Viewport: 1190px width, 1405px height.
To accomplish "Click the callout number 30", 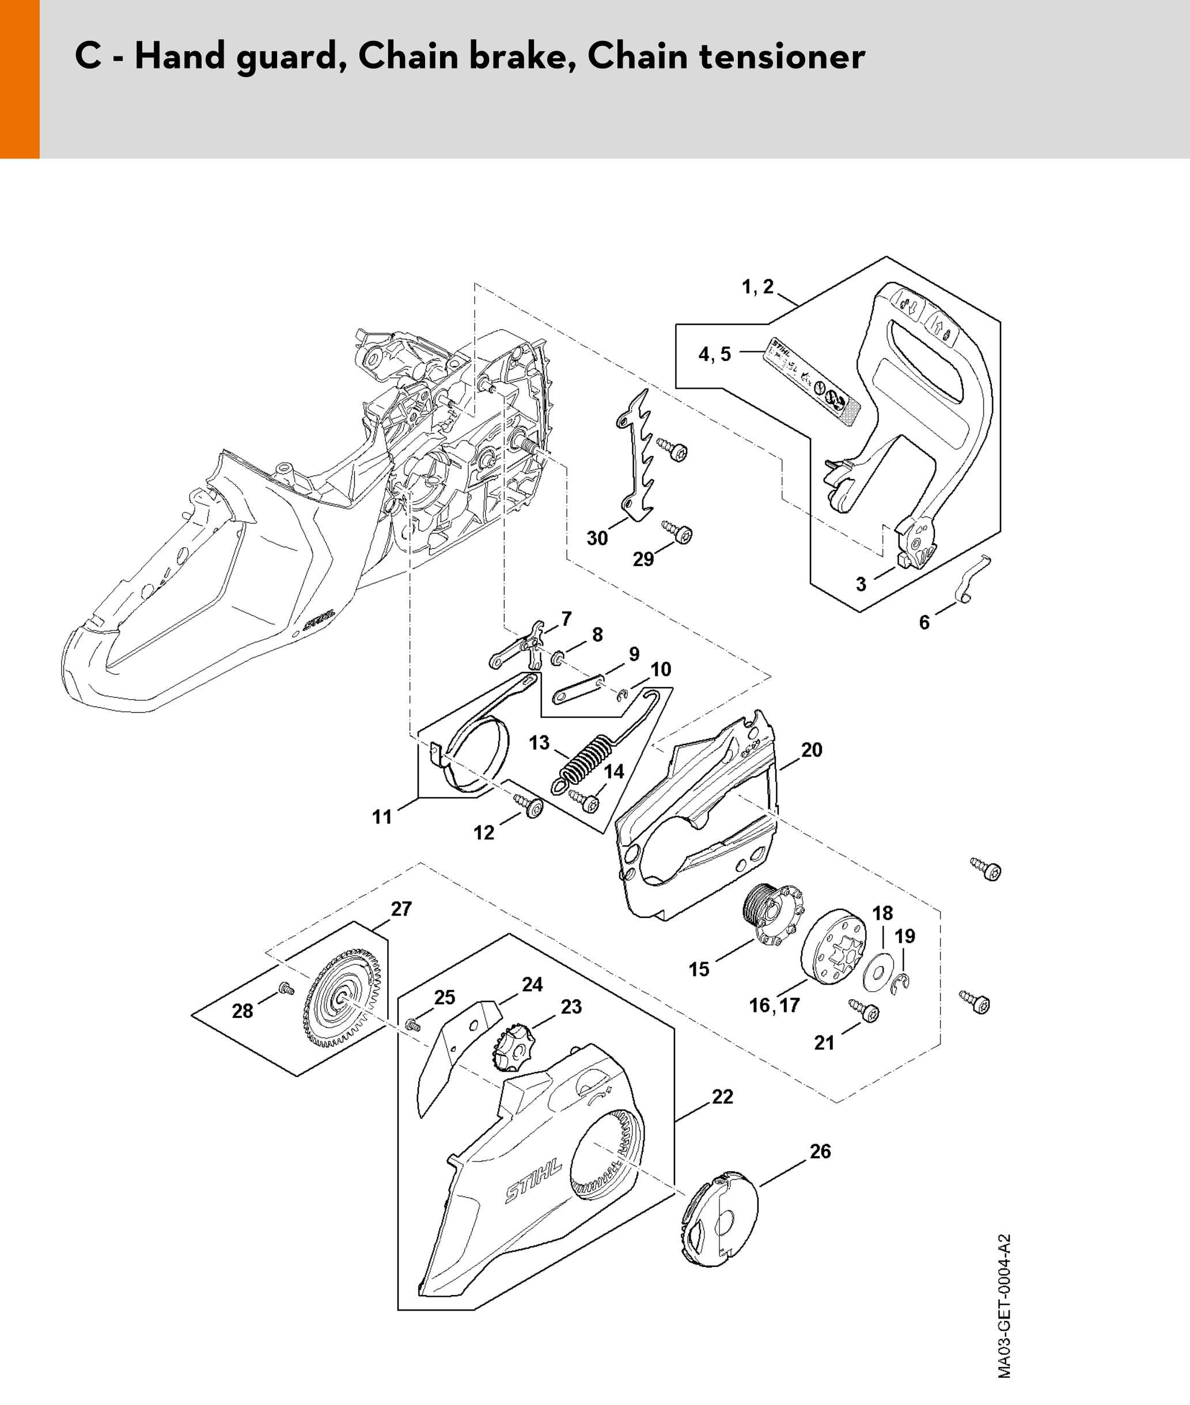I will point(597,538).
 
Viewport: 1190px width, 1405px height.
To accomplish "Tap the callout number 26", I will point(820,1152).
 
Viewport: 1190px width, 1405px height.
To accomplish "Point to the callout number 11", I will point(382,817).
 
